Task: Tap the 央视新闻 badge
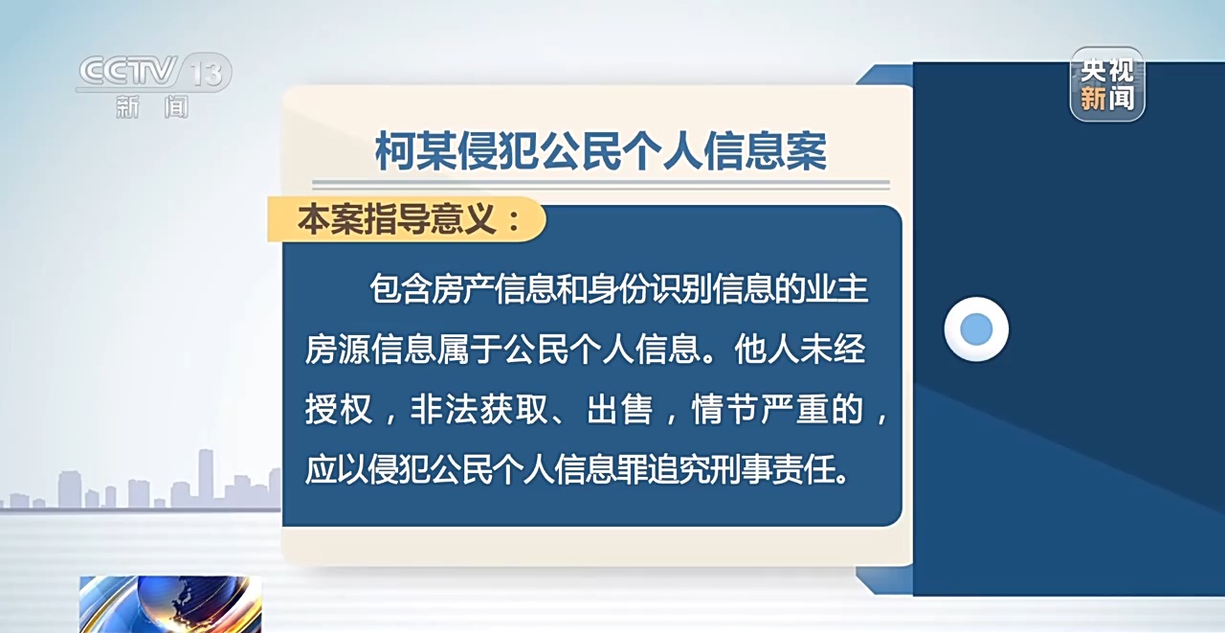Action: (1107, 84)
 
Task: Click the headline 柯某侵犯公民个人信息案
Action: (600, 150)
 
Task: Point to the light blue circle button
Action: (976, 329)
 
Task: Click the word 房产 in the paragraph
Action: (462, 288)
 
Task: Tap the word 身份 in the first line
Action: (618, 288)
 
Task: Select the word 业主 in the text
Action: (837, 288)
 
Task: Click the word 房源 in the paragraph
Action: (338, 349)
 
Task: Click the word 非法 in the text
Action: (445, 409)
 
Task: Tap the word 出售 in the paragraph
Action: (620, 409)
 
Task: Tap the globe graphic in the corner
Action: (170, 604)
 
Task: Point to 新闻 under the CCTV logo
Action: (152, 106)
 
